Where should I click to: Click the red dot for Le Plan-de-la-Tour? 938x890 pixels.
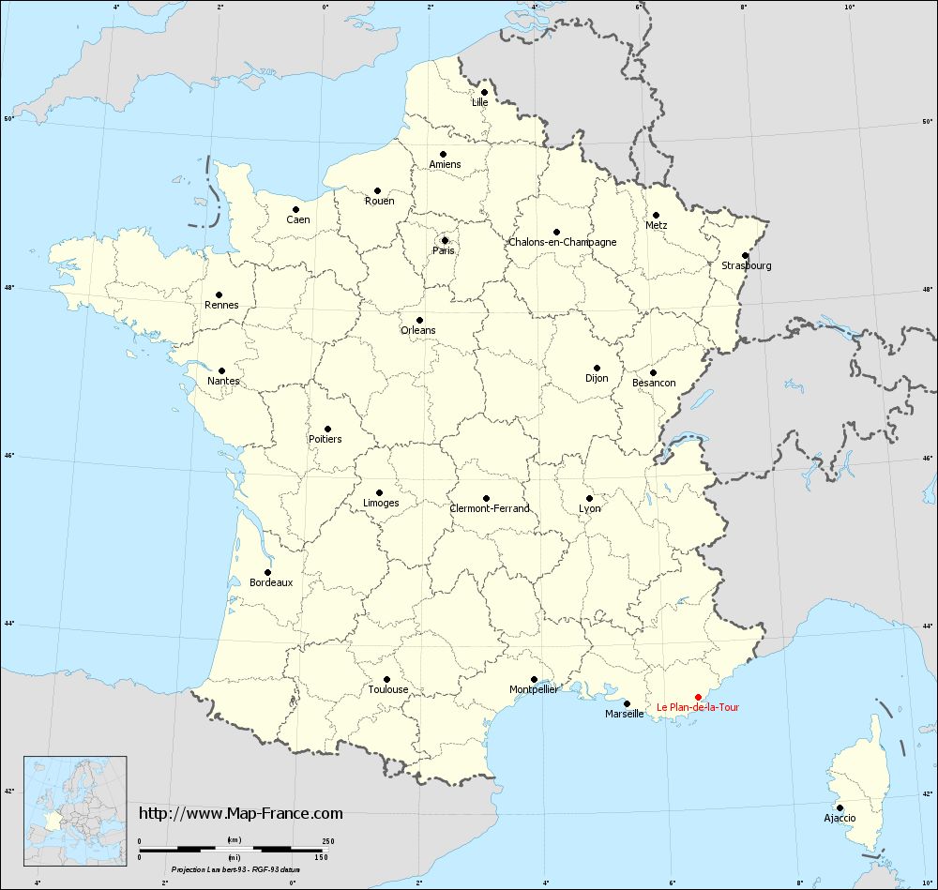[x=698, y=697]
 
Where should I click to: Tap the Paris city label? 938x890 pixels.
[x=444, y=250]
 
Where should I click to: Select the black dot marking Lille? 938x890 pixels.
[x=484, y=92]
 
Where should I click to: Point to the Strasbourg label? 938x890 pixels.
[x=747, y=265]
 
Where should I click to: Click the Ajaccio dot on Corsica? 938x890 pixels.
[x=840, y=807]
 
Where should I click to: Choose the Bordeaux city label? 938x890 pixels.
[x=272, y=582]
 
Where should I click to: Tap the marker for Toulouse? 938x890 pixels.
[x=386, y=679]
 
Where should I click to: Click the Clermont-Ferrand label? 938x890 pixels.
[x=490, y=508]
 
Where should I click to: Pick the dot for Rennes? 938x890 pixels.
[x=219, y=294]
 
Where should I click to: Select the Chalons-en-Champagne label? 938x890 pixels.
[x=563, y=242]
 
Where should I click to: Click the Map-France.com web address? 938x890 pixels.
[x=241, y=813]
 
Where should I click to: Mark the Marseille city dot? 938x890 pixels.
[x=627, y=703]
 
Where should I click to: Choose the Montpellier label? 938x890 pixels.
[x=534, y=689]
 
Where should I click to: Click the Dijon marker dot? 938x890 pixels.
[x=597, y=368]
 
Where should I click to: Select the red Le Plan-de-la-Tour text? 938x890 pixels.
[x=697, y=707]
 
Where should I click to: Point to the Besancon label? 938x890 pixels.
[x=654, y=383]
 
